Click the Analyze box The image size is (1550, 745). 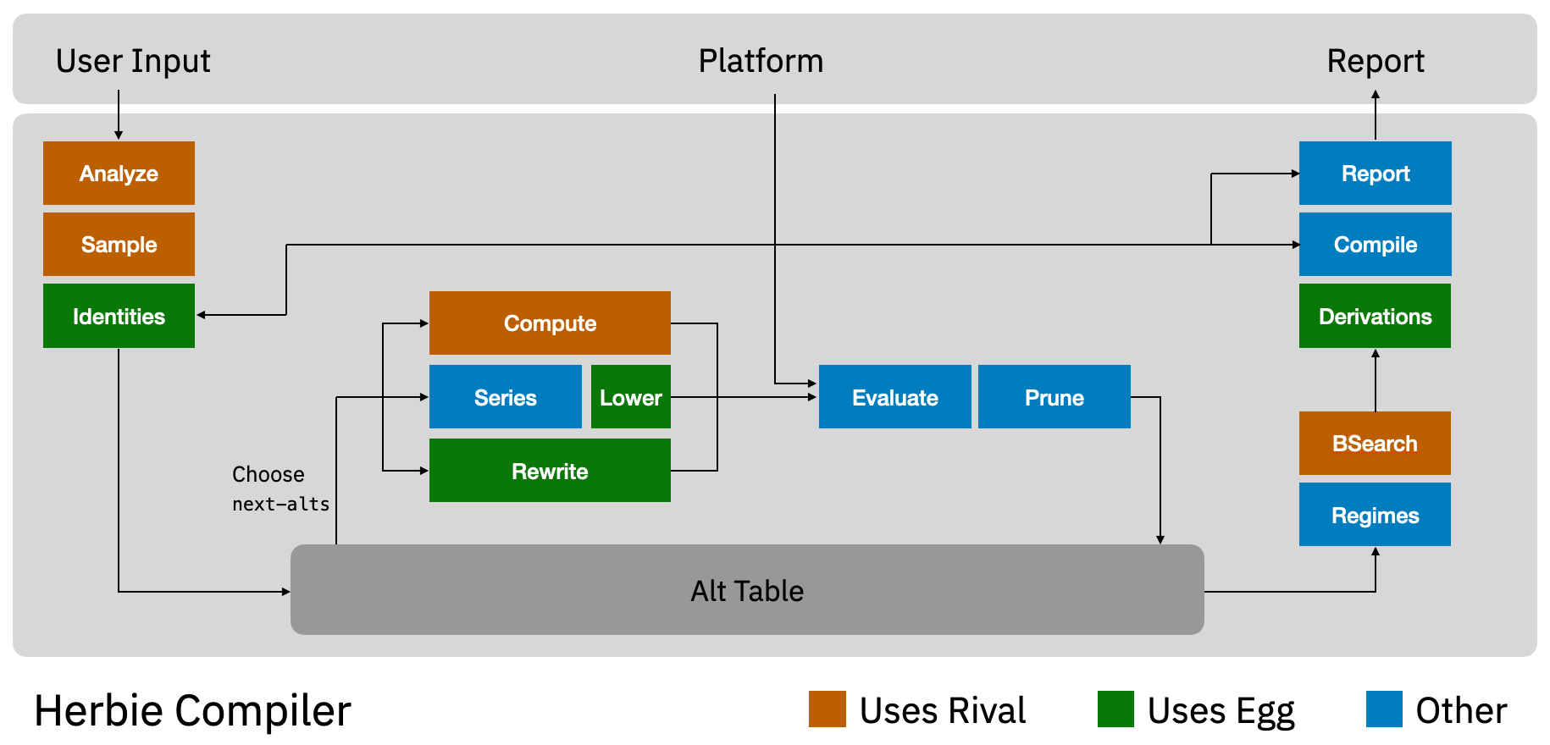[x=119, y=173]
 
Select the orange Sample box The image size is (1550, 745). [x=119, y=244]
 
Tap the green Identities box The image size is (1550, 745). [x=119, y=316]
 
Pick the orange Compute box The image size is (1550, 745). [x=550, y=323]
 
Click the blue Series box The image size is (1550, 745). [x=505, y=397]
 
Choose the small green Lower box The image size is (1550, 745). [x=630, y=397]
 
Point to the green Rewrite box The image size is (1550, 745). [x=550, y=471]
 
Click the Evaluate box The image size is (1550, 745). [x=894, y=397]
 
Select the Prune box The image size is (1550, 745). [x=1054, y=397]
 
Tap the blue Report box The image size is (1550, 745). [x=1375, y=173]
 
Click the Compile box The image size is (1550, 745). [x=1375, y=244]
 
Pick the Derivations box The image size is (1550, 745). [x=1375, y=316]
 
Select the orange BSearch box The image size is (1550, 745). [x=1375, y=443]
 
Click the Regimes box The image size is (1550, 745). [x=1375, y=515]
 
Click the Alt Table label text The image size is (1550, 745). [x=747, y=590]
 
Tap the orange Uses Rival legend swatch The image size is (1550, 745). [x=827, y=709]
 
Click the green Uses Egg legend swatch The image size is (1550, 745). [x=1115, y=709]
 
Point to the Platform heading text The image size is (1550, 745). [x=761, y=61]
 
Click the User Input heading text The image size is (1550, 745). [x=133, y=61]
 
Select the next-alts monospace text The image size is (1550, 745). [x=280, y=504]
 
